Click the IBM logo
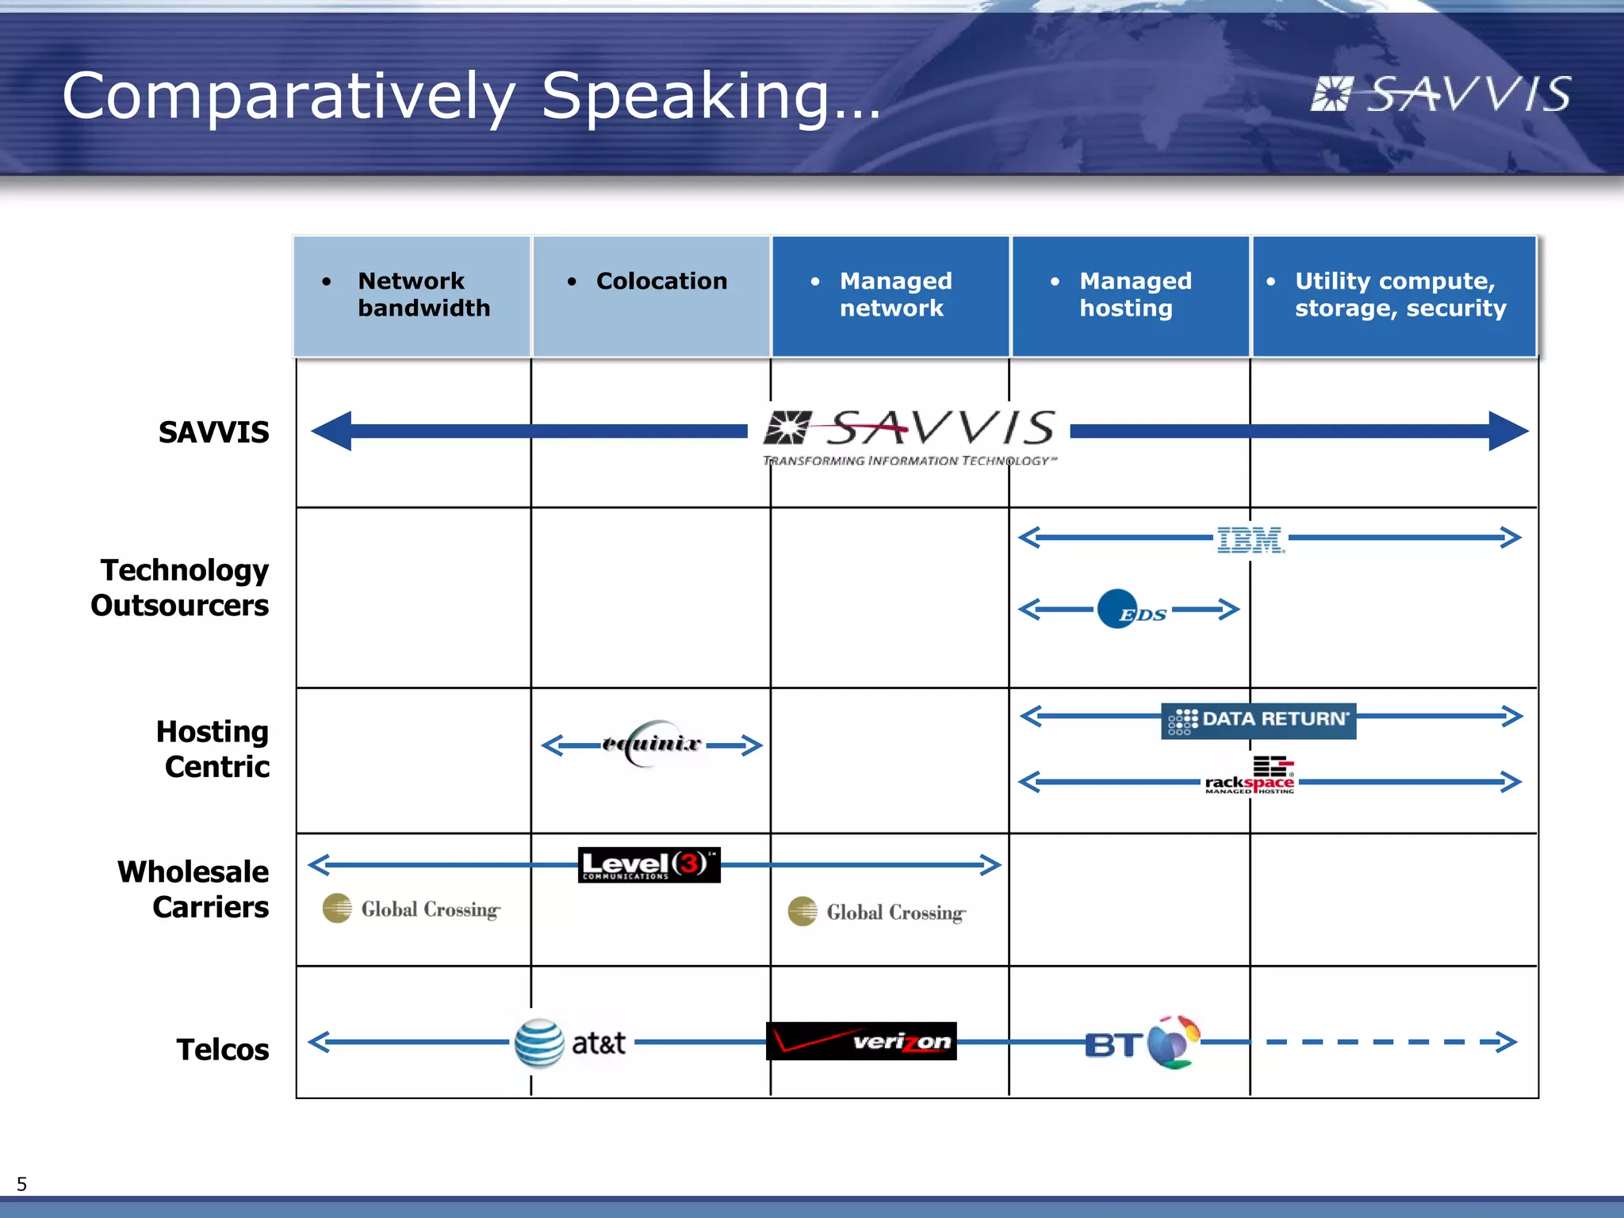click(x=1251, y=540)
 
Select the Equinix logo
click(x=652, y=744)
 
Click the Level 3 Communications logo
click(x=649, y=864)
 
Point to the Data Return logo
click(x=1258, y=720)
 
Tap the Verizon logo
click(x=861, y=1041)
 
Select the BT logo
click(x=1142, y=1043)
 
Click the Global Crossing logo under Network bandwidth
click(x=412, y=909)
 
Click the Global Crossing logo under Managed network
click(x=877, y=912)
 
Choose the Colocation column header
click(x=651, y=296)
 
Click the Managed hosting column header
click(x=1130, y=296)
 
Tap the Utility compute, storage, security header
click(x=1394, y=296)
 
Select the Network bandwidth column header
click(x=412, y=296)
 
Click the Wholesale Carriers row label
click(x=193, y=889)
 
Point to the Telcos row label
click(x=222, y=1049)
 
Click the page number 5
click(x=21, y=1184)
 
